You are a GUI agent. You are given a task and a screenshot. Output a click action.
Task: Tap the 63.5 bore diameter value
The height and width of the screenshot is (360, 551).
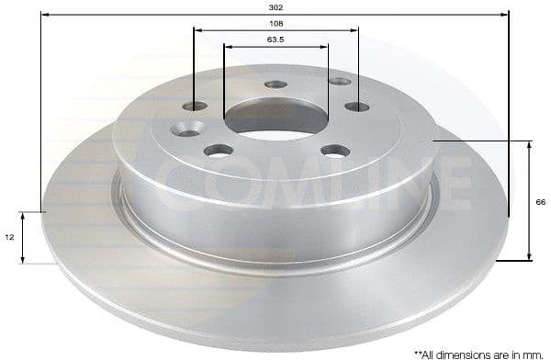(x=275, y=39)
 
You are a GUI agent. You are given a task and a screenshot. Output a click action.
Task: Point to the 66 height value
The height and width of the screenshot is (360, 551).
(x=541, y=202)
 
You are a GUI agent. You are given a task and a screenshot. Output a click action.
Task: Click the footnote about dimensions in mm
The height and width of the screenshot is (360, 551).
(x=478, y=352)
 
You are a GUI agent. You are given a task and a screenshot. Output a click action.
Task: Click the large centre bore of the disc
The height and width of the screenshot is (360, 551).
(x=276, y=119)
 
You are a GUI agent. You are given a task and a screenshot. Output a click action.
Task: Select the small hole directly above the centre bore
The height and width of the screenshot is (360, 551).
(x=276, y=84)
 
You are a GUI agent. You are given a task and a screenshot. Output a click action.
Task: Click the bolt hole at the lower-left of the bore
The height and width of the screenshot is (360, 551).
(x=219, y=150)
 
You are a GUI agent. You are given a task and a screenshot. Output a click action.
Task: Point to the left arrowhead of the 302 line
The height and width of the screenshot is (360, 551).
(x=45, y=13)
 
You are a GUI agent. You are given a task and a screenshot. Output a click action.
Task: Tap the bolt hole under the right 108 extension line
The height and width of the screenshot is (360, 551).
(x=356, y=107)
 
